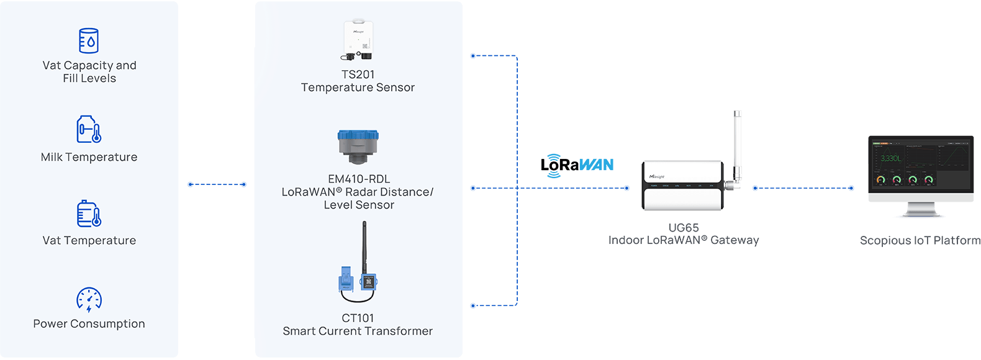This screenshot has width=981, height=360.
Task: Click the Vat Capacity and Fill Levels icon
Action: [x=89, y=40]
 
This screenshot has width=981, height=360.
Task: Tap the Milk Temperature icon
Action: [x=89, y=129]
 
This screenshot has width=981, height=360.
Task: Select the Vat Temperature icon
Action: [x=89, y=214]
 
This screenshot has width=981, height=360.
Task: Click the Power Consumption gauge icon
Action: [x=89, y=299]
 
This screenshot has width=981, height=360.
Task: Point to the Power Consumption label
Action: [x=89, y=324]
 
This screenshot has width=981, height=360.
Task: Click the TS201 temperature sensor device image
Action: [x=358, y=41]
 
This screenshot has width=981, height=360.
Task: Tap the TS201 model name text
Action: [x=358, y=74]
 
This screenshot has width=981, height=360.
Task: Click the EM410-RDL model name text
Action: [x=359, y=179]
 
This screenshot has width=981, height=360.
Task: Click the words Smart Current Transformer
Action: [x=358, y=331]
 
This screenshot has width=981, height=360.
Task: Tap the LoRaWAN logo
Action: [x=577, y=165]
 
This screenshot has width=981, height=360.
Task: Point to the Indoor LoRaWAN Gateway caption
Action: [x=684, y=241]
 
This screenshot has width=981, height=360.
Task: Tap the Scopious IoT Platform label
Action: [x=920, y=241]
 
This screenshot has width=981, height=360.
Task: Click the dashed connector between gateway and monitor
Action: [x=803, y=188]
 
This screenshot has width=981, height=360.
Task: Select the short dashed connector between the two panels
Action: [x=217, y=184]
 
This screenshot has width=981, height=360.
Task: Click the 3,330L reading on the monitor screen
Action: [x=890, y=159]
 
